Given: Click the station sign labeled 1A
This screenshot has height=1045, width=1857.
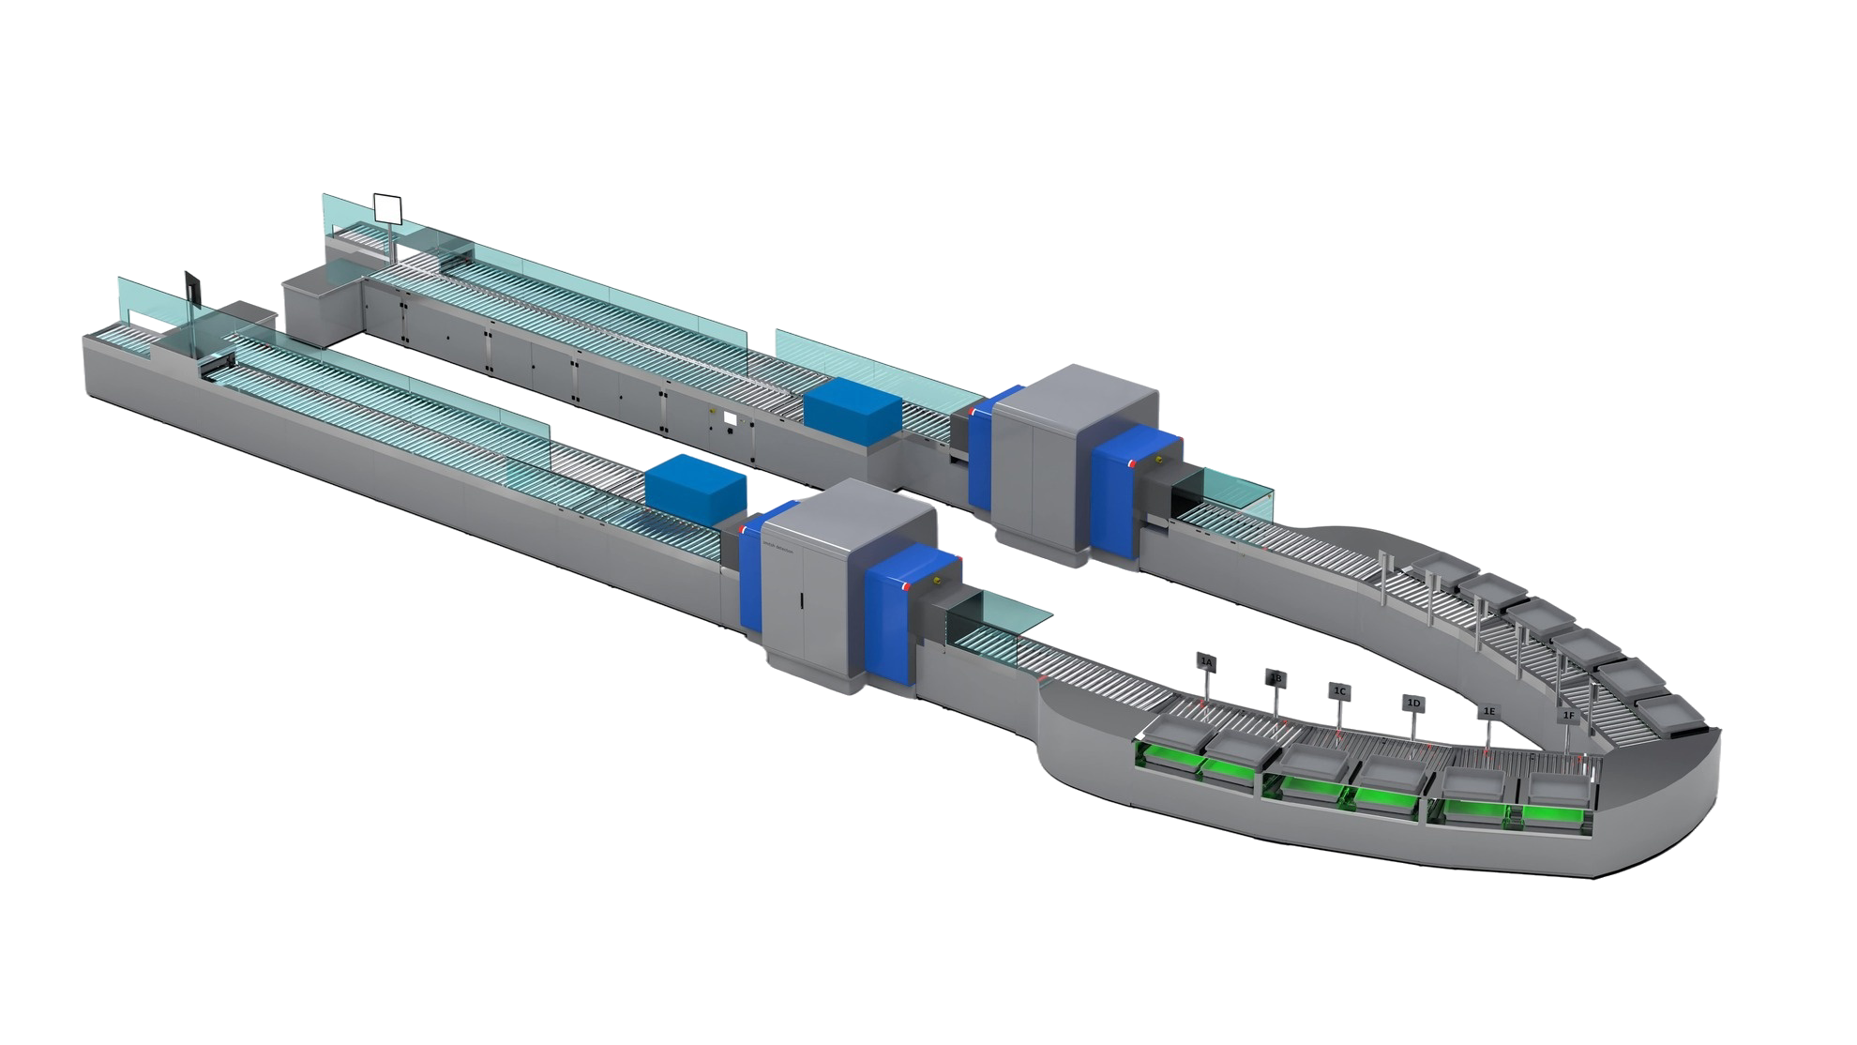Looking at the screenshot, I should tap(1207, 662).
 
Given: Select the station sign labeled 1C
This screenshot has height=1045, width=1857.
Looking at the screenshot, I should tap(1339, 690).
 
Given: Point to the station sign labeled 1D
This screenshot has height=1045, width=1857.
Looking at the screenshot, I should tap(1413, 702).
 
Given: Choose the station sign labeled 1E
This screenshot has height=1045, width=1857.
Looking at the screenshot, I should tap(1489, 712).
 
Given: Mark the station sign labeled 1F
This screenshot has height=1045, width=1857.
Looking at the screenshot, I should tap(1568, 716).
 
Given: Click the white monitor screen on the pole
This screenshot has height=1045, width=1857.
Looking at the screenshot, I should tap(386, 207).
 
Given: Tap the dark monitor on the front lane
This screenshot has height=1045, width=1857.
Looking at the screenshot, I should tap(192, 284).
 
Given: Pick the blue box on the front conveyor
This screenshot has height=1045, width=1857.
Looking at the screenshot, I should tap(694, 489).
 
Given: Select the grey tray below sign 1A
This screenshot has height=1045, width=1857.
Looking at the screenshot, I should tap(1172, 741).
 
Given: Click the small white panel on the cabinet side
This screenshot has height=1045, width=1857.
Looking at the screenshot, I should tap(731, 418).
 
